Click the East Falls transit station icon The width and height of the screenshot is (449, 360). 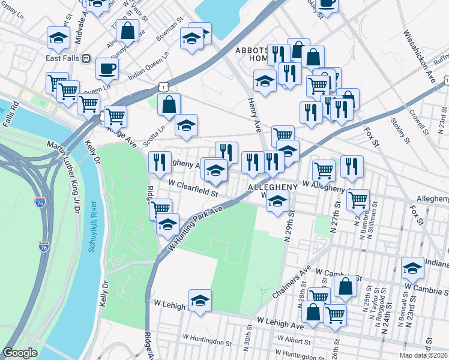pos(86,59)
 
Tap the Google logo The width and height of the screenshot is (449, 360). pos(20,353)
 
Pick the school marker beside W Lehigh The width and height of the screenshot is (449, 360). pos(200,300)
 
